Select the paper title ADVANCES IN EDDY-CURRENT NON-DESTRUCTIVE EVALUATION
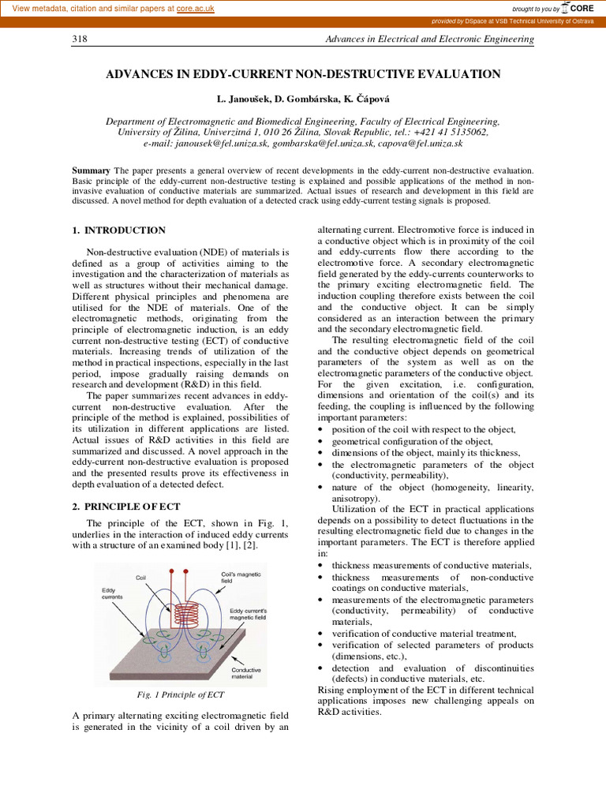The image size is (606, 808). tap(303, 74)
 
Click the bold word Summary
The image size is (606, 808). tap(92, 170)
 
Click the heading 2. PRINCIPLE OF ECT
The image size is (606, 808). tap(126, 507)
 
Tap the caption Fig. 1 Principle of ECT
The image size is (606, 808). tap(181, 695)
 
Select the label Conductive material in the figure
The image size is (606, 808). tap(246, 673)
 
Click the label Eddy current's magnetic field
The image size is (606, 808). tap(249, 614)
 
